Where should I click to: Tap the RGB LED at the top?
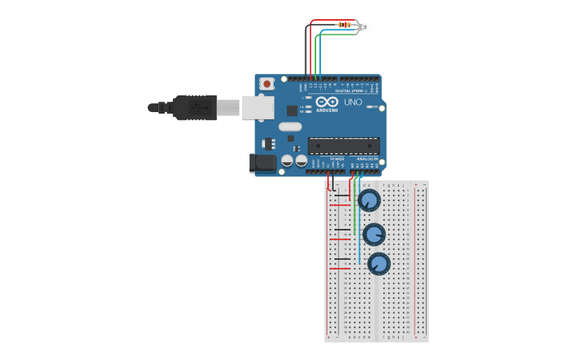[x=363, y=27]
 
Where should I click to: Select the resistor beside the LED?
[x=345, y=25]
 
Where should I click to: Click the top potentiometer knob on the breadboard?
[x=369, y=200]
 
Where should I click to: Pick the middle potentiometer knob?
[x=373, y=234]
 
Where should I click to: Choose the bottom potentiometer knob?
[x=378, y=263]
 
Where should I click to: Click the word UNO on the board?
[x=352, y=103]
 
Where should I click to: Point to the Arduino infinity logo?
[x=327, y=103]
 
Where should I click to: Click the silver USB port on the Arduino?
[x=257, y=107]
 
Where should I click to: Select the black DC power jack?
[x=262, y=163]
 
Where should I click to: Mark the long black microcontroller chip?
[x=343, y=145]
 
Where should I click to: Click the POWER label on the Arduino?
[x=337, y=158]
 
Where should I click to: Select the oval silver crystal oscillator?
[x=290, y=126]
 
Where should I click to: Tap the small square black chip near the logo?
[x=292, y=111]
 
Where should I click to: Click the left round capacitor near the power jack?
[x=288, y=161]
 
